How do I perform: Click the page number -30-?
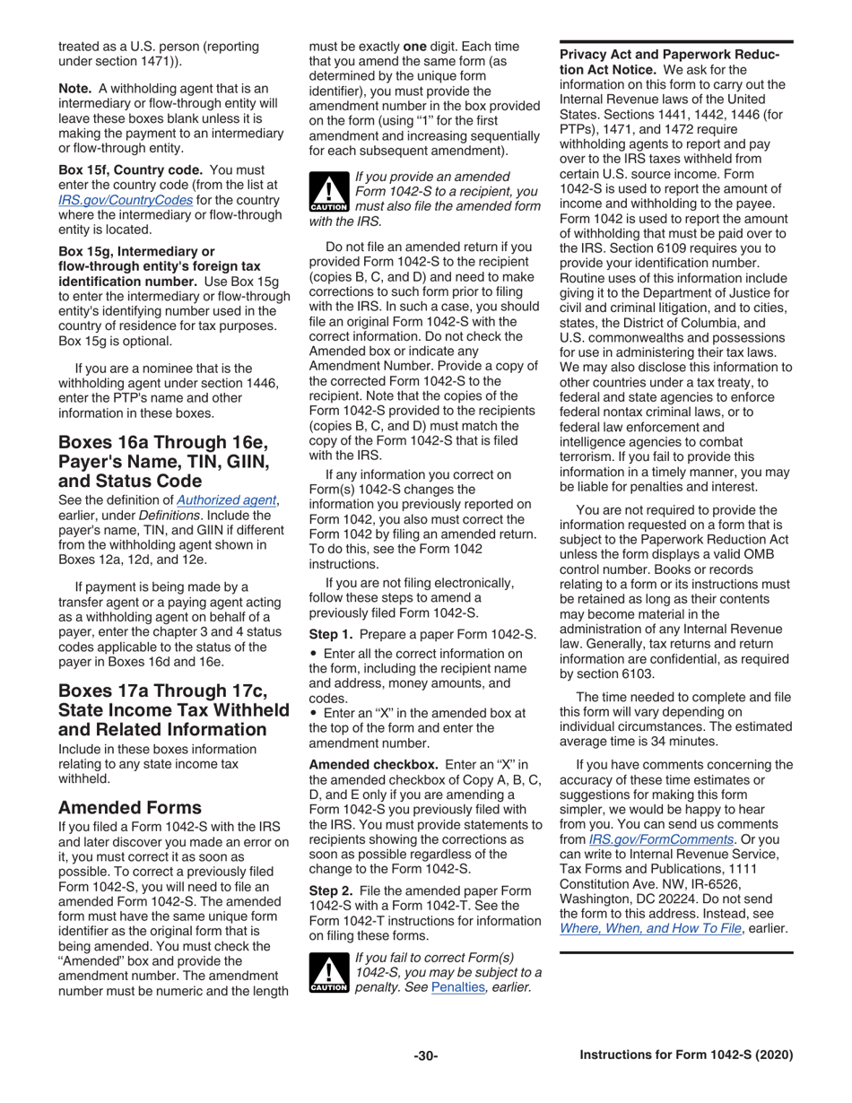click(x=425, y=1055)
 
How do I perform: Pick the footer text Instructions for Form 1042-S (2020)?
click(x=686, y=1055)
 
